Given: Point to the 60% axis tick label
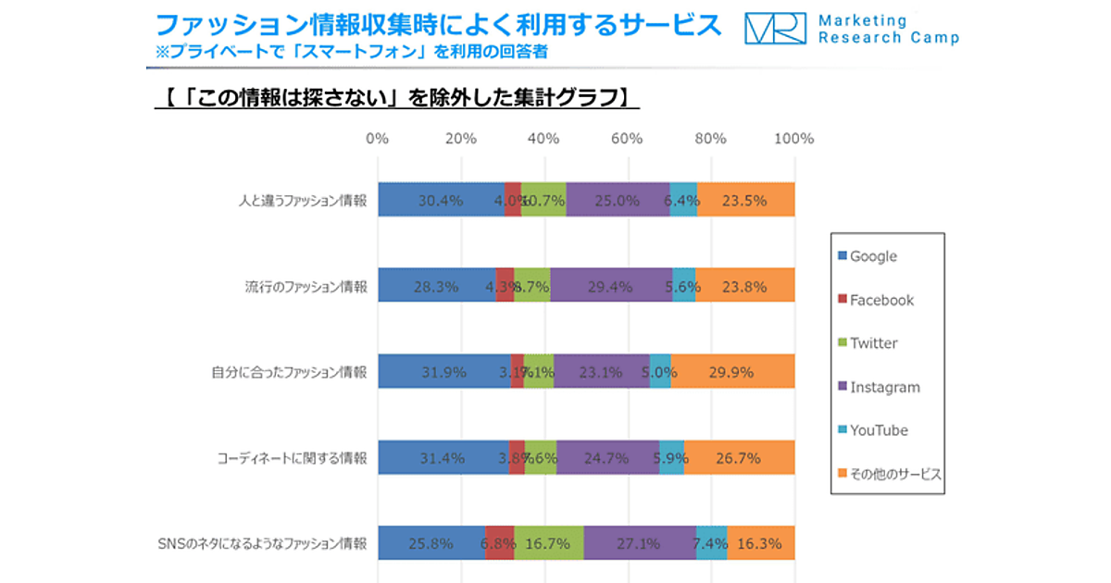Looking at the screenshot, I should (x=627, y=139).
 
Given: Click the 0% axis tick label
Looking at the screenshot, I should (x=377, y=139).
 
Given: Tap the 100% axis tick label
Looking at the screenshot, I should (x=793, y=139).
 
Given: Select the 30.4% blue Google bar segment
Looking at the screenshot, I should (x=441, y=200).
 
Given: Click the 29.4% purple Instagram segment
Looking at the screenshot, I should (x=611, y=286).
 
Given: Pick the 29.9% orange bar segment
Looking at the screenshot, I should (x=732, y=372).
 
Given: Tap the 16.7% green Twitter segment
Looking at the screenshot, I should (x=549, y=543).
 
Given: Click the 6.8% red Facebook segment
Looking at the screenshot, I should (x=499, y=543).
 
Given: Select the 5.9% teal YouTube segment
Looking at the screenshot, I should (x=672, y=457).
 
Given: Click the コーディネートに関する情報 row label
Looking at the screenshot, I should (x=293, y=457).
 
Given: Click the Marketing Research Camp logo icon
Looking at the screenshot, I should (x=776, y=29).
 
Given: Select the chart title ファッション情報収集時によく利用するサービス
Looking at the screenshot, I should (x=439, y=25).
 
